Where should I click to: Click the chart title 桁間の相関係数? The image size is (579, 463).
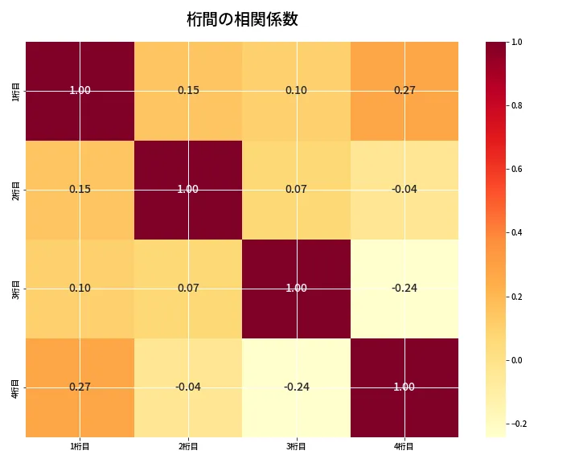[242, 19]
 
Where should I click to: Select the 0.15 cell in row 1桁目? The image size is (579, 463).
[188, 90]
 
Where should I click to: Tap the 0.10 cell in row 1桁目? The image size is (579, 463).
[296, 90]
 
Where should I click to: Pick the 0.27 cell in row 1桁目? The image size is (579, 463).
[404, 90]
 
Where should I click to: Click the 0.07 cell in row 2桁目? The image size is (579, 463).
[296, 189]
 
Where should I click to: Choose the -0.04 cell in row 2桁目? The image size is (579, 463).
[404, 189]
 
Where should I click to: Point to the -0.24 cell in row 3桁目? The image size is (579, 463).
[404, 288]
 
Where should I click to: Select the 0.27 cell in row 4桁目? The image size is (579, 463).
[80, 387]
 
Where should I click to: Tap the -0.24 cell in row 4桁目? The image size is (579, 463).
[296, 387]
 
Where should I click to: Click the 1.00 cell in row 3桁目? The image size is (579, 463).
[296, 288]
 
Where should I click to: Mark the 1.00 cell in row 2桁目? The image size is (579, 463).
[188, 189]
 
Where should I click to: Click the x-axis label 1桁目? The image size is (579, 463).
[80, 446]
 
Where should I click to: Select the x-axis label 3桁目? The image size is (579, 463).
[296, 446]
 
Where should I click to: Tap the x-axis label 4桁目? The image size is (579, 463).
[404, 446]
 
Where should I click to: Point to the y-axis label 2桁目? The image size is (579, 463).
[16, 189]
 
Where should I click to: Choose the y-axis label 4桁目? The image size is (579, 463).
[16, 387]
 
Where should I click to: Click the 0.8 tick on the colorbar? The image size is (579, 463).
[517, 105]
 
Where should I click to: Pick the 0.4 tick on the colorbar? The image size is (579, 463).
[517, 232]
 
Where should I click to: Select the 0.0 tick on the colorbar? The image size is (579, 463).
[517, 360]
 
